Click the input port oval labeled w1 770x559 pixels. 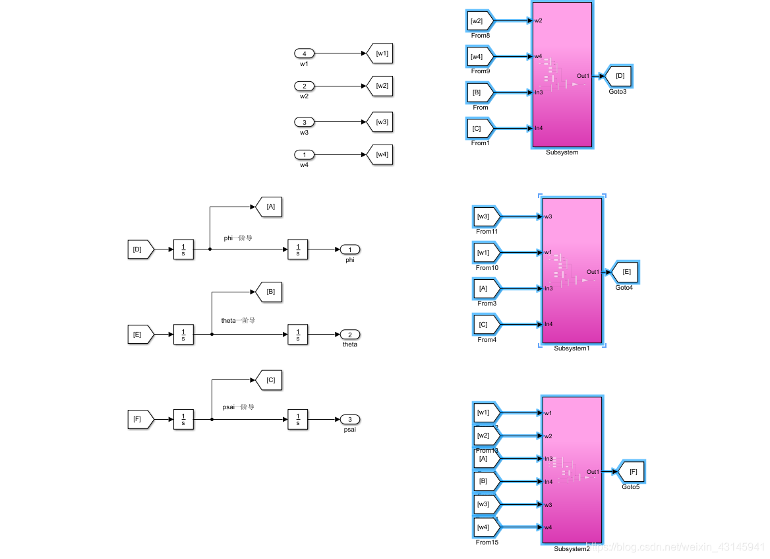[304, 53]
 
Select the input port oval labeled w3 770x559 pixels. [304, 122]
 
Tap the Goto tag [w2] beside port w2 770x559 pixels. [380, 86]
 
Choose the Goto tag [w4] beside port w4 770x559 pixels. [380, 154]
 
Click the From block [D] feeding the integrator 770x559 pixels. [139, 249]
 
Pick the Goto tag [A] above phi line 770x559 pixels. [269, 207]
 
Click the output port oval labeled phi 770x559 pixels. [349, 249]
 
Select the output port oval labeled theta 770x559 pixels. [349, 335]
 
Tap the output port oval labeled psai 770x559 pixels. [349, 419]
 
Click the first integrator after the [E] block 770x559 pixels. [183, 335]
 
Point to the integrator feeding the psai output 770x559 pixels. [297, 419]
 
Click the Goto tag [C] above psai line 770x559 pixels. [269, 380]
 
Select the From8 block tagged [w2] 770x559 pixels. [479, 21]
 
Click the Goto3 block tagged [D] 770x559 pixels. [618, 77]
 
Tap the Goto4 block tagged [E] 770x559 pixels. [625, 272]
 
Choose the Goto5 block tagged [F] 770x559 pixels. [632, 472]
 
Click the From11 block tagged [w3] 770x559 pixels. [487, 216]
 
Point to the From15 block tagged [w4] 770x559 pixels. [487, 527]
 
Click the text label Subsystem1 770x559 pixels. [572, 348]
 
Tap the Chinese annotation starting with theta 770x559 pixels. [238, 320]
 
